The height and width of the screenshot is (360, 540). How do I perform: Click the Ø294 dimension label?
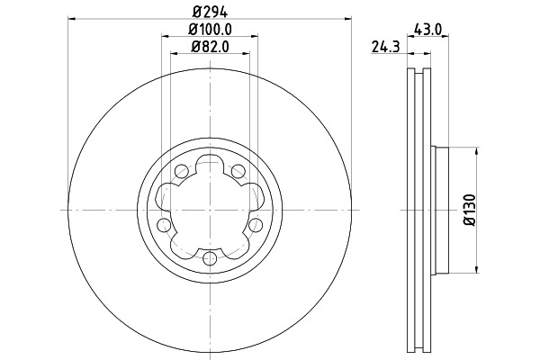tap(210, 13)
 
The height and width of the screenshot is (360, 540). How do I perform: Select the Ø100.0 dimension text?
tap(210, 30)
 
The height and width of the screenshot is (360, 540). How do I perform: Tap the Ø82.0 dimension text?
tap(210, 47)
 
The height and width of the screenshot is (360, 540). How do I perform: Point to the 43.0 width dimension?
tap(428, 30)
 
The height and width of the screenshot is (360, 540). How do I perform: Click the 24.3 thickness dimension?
tap(386, 47)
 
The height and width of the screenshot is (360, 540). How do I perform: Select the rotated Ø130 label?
tap(470, 210)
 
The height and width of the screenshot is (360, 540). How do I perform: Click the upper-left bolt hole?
tap(182, 171)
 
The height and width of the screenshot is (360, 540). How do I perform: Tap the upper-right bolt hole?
tap(238, 171)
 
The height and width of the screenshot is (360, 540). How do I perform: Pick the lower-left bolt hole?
tap(164, 225)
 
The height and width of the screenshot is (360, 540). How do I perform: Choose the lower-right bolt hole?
tap(256, 225)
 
